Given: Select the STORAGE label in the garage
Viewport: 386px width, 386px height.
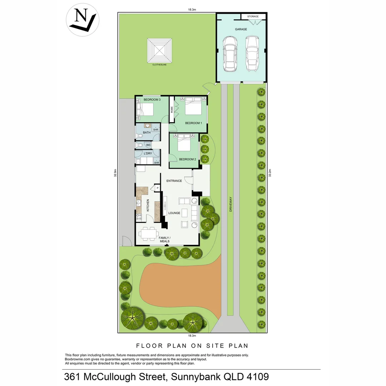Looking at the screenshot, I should pyautogui.click(x=253, y=16).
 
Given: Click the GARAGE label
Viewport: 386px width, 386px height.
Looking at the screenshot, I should pyautogui.click(x=241, y=29).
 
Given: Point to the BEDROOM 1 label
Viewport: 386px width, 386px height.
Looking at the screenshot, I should pyautogui.click(x=193, y=123).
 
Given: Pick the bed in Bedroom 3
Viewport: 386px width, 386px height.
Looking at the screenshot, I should pyautogui.click(x=146, y=108).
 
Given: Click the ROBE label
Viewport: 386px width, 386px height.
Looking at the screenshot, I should pyautogui.click(x=172, y=110).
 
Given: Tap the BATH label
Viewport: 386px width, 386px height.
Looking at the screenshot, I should pyautogui.click(x=147, y=133).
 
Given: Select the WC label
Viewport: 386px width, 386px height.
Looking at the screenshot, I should pyautogui.click(x=148, y=145).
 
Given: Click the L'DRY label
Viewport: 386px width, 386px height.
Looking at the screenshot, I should pyautogui.click(x=148, y=154).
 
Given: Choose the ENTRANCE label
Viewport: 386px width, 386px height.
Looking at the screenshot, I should pyautogui.click(x=174, y=181).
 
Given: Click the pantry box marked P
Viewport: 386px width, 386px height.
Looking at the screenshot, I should pyautogui.click(x=157, y=188).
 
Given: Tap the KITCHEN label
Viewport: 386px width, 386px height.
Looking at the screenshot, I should pyautogui.click(x=148, y=207).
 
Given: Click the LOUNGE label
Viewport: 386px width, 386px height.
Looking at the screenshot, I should pyautogui.click(x=174, y=213).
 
